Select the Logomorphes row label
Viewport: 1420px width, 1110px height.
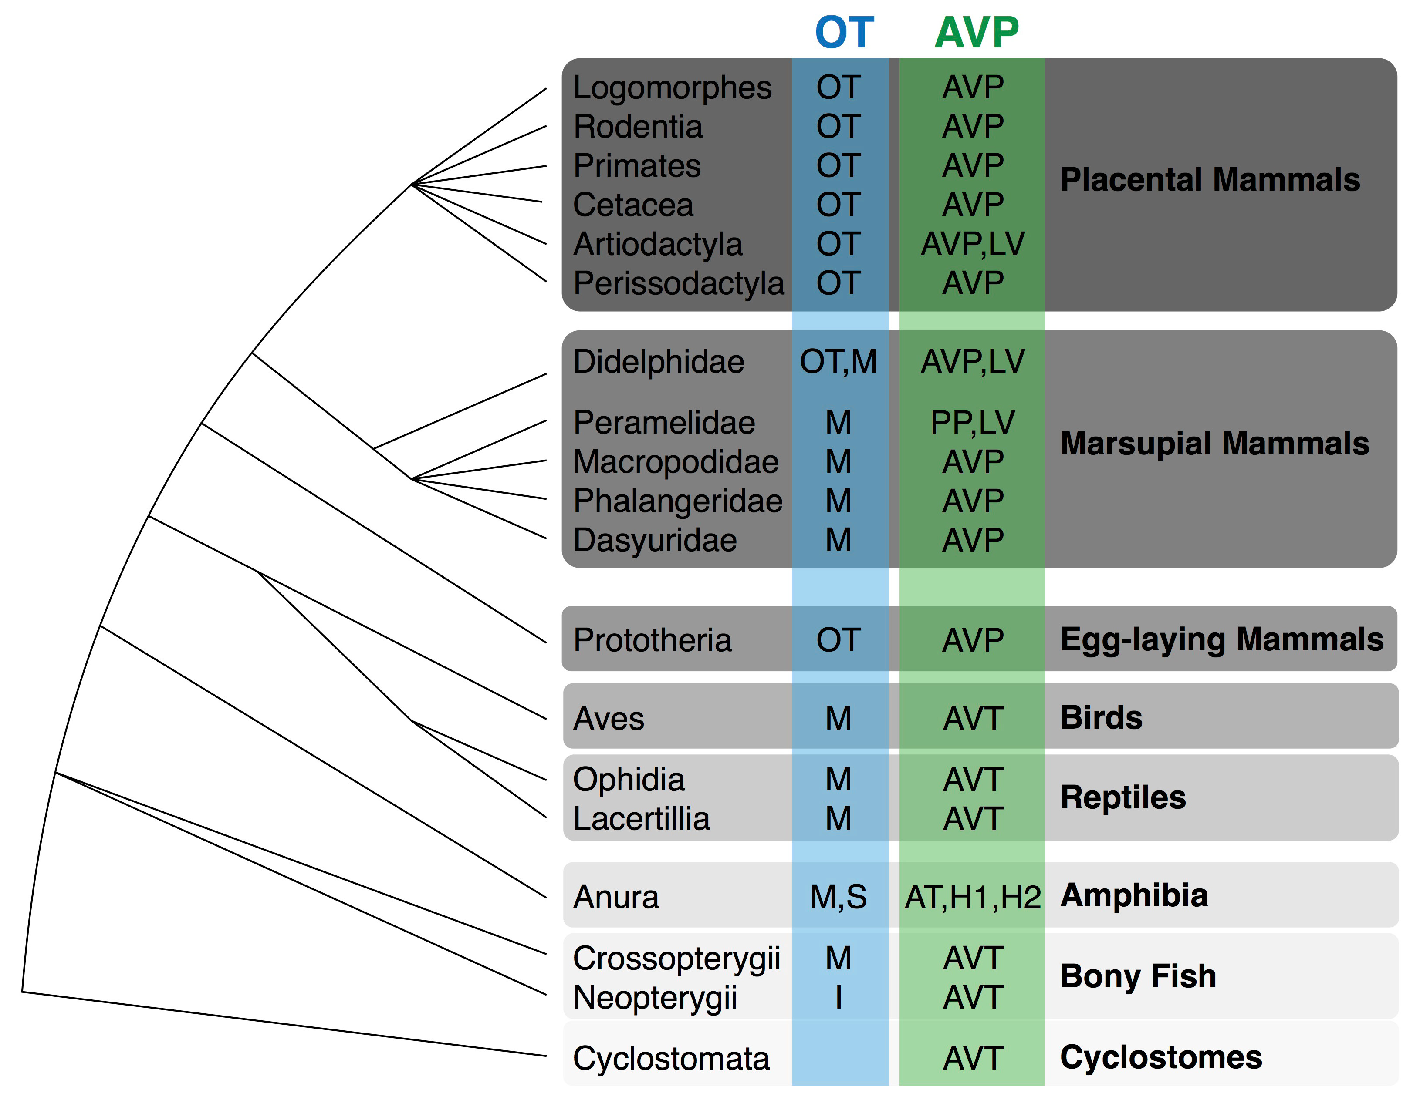tap(672, 88)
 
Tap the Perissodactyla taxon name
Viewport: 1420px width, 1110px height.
tap(679, 284)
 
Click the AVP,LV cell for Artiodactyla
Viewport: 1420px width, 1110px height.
tap(973, 244)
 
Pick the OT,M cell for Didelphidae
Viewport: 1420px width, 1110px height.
tap(839, 362)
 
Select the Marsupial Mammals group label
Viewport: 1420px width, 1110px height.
tap(1214, 444)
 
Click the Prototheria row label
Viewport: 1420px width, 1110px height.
tap(652, 640)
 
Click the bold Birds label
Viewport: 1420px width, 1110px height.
tap(1102, 717)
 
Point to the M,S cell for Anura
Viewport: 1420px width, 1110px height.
tap(839, 898)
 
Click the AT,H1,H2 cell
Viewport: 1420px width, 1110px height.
tap(973, 898)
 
